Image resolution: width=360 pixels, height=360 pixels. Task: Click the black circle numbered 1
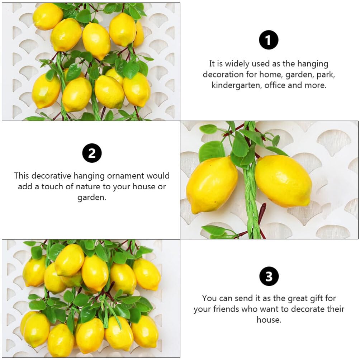click(269, 40)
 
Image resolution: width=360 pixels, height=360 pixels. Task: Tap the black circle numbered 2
click(92, 153)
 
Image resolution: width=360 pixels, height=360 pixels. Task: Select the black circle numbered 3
click(269, 276)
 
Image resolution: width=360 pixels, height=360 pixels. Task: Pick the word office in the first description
click(275, 85)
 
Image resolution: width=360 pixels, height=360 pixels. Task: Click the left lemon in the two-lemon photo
click(212, 184)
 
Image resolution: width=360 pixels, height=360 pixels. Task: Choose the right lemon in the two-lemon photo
click(283, 181)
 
